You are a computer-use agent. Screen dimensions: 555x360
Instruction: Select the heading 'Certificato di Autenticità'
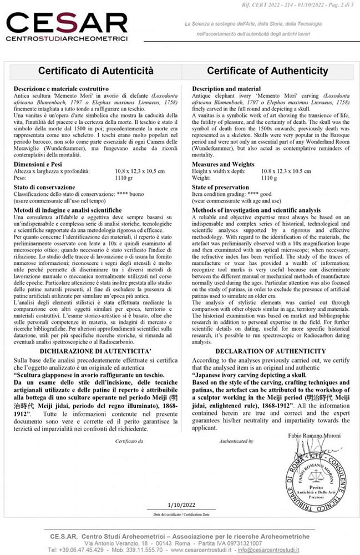tap(95, 72)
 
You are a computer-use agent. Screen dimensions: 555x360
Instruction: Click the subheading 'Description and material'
tap(227, 88)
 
